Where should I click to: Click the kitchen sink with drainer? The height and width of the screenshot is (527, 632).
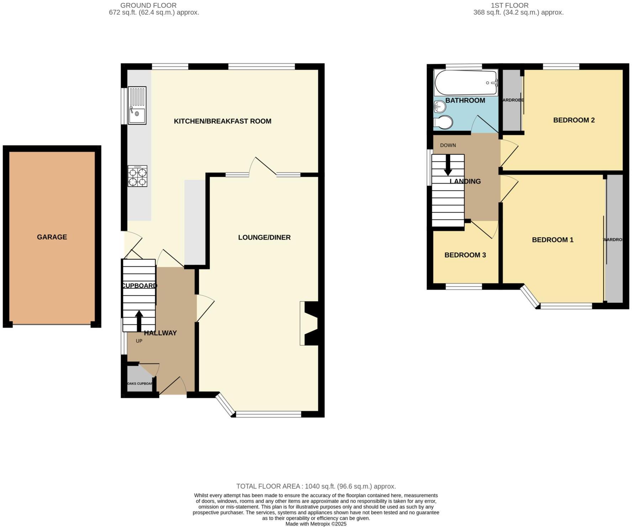(x=137, y=105)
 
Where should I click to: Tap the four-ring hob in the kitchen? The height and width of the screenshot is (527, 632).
(x=137, y=176)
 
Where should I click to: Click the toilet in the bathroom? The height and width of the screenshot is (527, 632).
(x=443, y=123)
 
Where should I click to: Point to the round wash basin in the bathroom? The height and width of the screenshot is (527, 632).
(x=440, y=106)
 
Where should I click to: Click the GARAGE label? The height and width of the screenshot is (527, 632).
(x=52, y=237)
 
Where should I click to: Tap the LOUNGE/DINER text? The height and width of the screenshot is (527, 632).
(x=264, y=237)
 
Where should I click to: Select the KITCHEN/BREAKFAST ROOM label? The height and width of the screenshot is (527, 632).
(x=222, y=121)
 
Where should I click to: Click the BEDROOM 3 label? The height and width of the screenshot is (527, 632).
(x=465, y=255)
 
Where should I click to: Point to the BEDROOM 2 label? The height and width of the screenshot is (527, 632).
(x=574, y=120)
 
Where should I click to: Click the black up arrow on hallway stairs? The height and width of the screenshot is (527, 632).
(x=139, y=320)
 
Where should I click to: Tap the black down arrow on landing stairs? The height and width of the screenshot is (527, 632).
(x=448, y=166)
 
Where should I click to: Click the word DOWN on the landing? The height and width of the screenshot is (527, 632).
(x=448, y=145)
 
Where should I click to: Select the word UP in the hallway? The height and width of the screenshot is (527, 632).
(x=139, y=341)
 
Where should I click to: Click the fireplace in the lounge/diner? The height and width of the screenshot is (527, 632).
(x=309, y=324)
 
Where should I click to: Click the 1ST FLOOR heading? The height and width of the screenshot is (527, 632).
(x=510, y=5)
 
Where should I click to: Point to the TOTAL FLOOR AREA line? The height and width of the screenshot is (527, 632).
(x=316, y=486)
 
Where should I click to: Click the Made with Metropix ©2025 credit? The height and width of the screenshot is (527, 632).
(x=316, y=524)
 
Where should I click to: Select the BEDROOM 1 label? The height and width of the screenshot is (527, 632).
(x=552, y=240)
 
